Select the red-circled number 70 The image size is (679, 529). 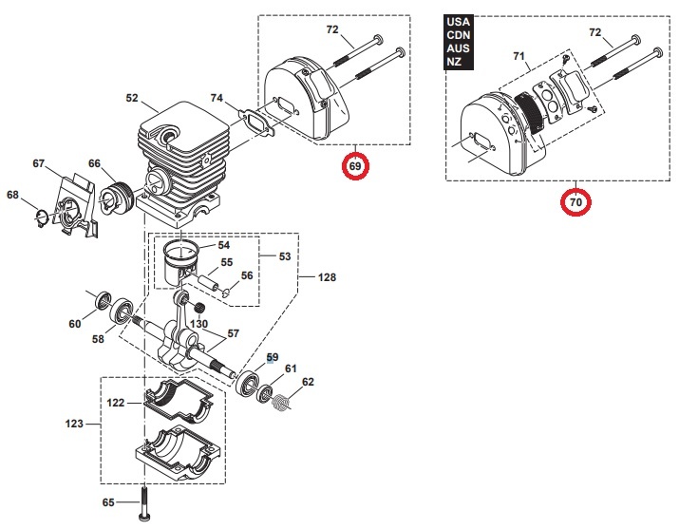(575, 201)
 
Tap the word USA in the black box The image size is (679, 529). (457, 21)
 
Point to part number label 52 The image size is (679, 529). (132, 97)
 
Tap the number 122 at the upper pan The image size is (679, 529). (115, 403)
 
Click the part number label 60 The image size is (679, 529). (75, 324)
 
